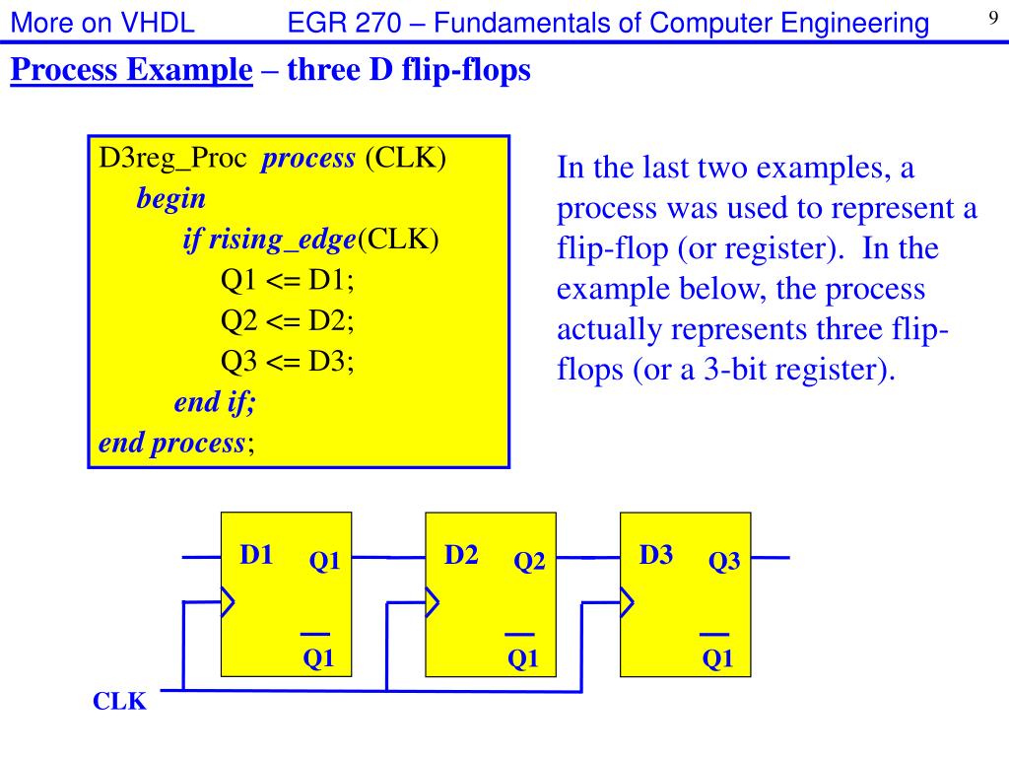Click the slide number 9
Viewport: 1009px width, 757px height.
tap(993, 16)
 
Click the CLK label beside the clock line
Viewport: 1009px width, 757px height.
tap(119, 702)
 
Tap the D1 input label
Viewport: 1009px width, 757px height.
tap(257, 555)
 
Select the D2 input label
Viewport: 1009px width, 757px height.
tap(461, 555)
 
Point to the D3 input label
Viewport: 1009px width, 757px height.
tap(656, 555)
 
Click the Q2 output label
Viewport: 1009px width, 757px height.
tap(529, 562)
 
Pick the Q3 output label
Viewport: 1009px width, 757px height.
tap(724, 562)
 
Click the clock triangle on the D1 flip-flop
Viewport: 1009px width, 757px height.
tap(228, 600)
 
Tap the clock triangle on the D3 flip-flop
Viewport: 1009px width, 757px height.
tap(626, 600)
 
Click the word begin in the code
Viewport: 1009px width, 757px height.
tap(171, 199)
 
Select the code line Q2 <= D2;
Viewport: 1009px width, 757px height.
tap(287, 320)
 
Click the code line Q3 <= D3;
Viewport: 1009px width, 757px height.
tap(287, 361)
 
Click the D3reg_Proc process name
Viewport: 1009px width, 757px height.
tap(172, 159)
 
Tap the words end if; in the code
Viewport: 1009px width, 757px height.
tap(214, 402)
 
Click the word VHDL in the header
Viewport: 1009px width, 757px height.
tap(158, 23)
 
